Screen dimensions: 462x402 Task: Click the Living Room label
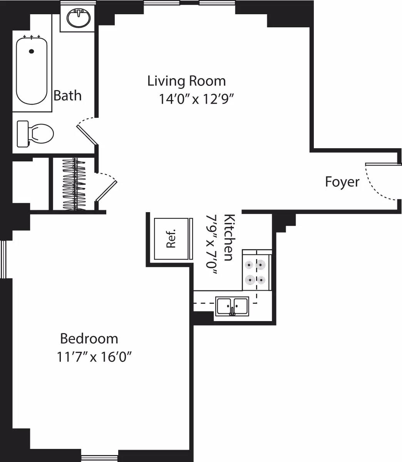[x=187, y=81]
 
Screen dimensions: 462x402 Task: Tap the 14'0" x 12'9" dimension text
[x=197, y=99]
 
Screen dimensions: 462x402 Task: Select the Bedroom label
[x=89, y=339]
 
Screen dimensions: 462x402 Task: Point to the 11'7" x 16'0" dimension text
[x=94, y=357]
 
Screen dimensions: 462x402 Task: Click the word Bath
[x=67, y=95]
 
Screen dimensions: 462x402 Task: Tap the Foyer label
[x=342, y=182]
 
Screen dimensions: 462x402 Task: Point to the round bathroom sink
[x=79, y=18]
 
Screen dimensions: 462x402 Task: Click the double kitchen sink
[x=232, y=306]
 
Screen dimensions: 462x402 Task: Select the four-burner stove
[x=256, y=272]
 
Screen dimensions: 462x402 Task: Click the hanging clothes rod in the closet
[x=74, y=184]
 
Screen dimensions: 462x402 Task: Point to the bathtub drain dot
[x=32, y=51]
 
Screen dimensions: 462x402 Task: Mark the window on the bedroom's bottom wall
[x=99, y=458]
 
